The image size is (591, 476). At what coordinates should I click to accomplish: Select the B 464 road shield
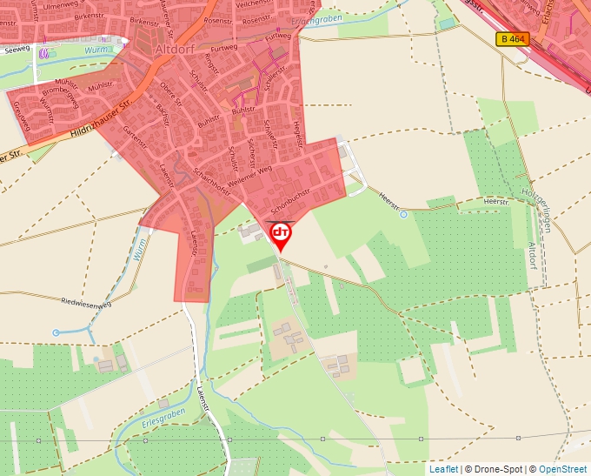coord(513,39)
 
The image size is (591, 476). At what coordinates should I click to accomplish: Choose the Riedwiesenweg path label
coord(87,304)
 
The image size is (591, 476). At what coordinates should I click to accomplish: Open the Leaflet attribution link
coord(443,469)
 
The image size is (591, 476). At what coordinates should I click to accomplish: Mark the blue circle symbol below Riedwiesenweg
coord(56,332)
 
